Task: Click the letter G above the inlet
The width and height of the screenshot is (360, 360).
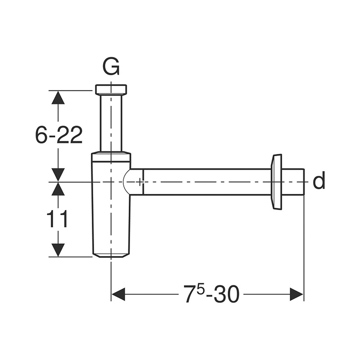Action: click(x=111, y=67)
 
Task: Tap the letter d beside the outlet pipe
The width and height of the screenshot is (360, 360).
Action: click(x=319, y=181)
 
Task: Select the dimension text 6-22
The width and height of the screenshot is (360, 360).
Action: click(x=59, y=135)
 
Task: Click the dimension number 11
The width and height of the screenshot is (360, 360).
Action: click(x=57, y=219)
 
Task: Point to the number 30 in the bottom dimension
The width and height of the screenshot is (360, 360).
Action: click(x=226, y=294)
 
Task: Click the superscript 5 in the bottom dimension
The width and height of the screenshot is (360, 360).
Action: click(x=200, y=289)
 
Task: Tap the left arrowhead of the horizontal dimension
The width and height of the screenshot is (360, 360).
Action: click(x=118, y=294)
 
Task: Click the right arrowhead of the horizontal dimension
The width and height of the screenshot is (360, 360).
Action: click(x=297, y=294)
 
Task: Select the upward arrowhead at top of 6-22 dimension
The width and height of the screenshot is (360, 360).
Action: click(x=58, y=98)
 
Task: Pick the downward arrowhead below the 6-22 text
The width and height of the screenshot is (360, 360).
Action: click(x=58, y=175)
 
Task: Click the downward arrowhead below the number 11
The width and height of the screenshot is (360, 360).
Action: click(x=58, y=250)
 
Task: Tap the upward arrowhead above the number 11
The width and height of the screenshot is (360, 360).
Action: click(x=58, y=189)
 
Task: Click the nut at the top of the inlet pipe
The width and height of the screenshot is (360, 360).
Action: click(x=111, y=90)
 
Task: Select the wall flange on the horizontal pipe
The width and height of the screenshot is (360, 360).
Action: click(x=277, y=182)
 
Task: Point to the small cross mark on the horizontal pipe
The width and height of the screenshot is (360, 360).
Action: click(x=139, y=182)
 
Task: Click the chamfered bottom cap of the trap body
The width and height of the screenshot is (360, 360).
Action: click(x=111, y=255)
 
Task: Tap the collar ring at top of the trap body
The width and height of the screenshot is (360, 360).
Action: click(x=111, y=156)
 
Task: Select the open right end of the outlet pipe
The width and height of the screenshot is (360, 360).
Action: click(x=304, y=182)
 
